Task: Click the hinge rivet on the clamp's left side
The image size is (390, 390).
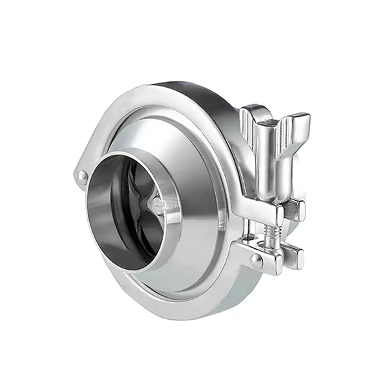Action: tap(82, 175)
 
